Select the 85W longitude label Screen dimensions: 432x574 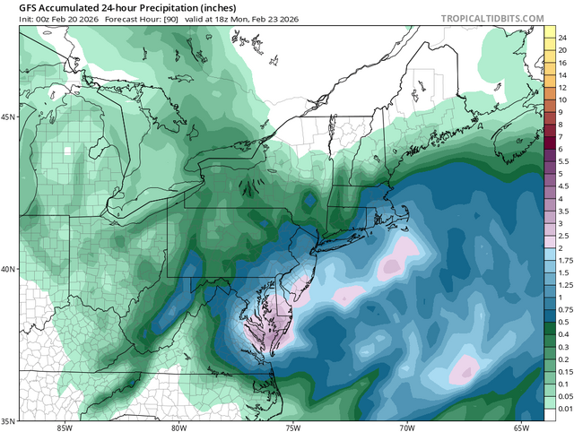pos(63,426)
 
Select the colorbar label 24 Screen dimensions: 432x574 pos(561,38)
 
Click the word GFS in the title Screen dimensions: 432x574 pos(18,6)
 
